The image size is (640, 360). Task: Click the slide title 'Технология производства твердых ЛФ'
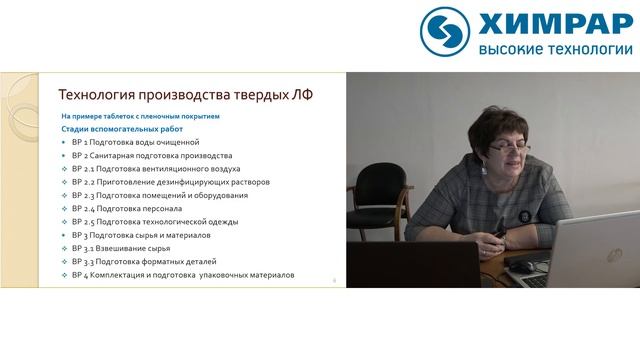pyautogui.click(x=186, y=96)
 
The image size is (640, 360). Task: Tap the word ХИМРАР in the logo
pyautogui.click(x=554, y=24)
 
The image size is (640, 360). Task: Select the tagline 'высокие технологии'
pyautogui.click(x=554, y=49)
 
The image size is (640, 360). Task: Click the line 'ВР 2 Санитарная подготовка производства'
pyautogui.click(x=151, y=156)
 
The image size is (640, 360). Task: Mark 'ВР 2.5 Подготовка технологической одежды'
pyautogui.click(x=156, y=222)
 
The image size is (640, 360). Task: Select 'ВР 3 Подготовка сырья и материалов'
pyautogui.click(x=141, y=235)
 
